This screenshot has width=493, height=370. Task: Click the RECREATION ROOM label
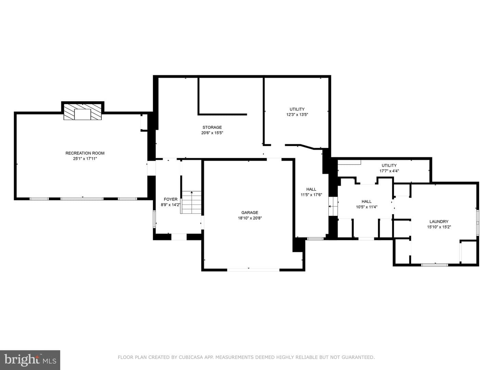click(x=85, y=153)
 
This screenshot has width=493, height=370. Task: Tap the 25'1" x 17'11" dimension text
click(x=85, y=159)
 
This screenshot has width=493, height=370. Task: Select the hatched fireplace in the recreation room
click(x=83, y=112)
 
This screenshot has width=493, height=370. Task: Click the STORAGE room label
click(x=212, y=127)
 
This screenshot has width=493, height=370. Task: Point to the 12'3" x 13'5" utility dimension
click(x=297, y=114)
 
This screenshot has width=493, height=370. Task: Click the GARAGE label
click(x=250, y=212)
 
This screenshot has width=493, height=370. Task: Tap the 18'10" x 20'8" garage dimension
click(x=250, y=218)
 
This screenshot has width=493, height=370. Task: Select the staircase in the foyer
click(x=191, y=202)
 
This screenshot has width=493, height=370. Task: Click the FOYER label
click(x=170, y=199)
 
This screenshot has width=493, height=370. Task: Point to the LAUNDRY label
click(x=439, y=222)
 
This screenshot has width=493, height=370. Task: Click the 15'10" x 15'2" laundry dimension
click(x=439, y=227)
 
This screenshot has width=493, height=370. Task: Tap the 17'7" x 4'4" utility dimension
click(x=389, y=171)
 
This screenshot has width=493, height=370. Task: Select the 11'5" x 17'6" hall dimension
click(x=311, y=195)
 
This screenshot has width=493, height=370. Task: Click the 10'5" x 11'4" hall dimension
click(x=367, y=207)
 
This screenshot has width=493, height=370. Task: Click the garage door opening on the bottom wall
click(x=253, y=270)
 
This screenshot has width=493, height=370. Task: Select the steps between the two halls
click(x=333, y=206)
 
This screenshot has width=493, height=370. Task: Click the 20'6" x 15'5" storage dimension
click(x=212, y=133)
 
